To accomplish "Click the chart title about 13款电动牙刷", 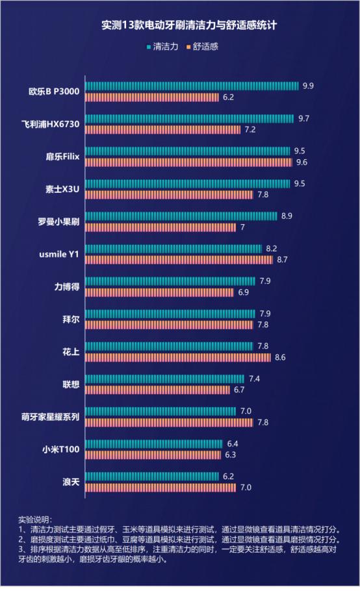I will pyautogui.click(x=180, y=26).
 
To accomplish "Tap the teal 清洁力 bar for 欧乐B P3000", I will pyautogui.click(x=192, y=86).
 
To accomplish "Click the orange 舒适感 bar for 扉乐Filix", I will pyautogui.click(x=188, y=162).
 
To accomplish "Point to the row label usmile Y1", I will pyautogui.click(x=59, y=254).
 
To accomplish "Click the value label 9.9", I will pyautogui.click(x=308, y=86).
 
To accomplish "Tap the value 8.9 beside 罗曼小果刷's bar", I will pyautogui.click(x=287, y=216).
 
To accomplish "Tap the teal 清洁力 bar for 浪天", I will pyautogui.click(x=152, y=476).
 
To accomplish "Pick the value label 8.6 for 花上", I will pyautogui.click(x=280, y=357).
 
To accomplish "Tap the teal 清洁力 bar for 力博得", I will pyautogui.click(x=170, y=281).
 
